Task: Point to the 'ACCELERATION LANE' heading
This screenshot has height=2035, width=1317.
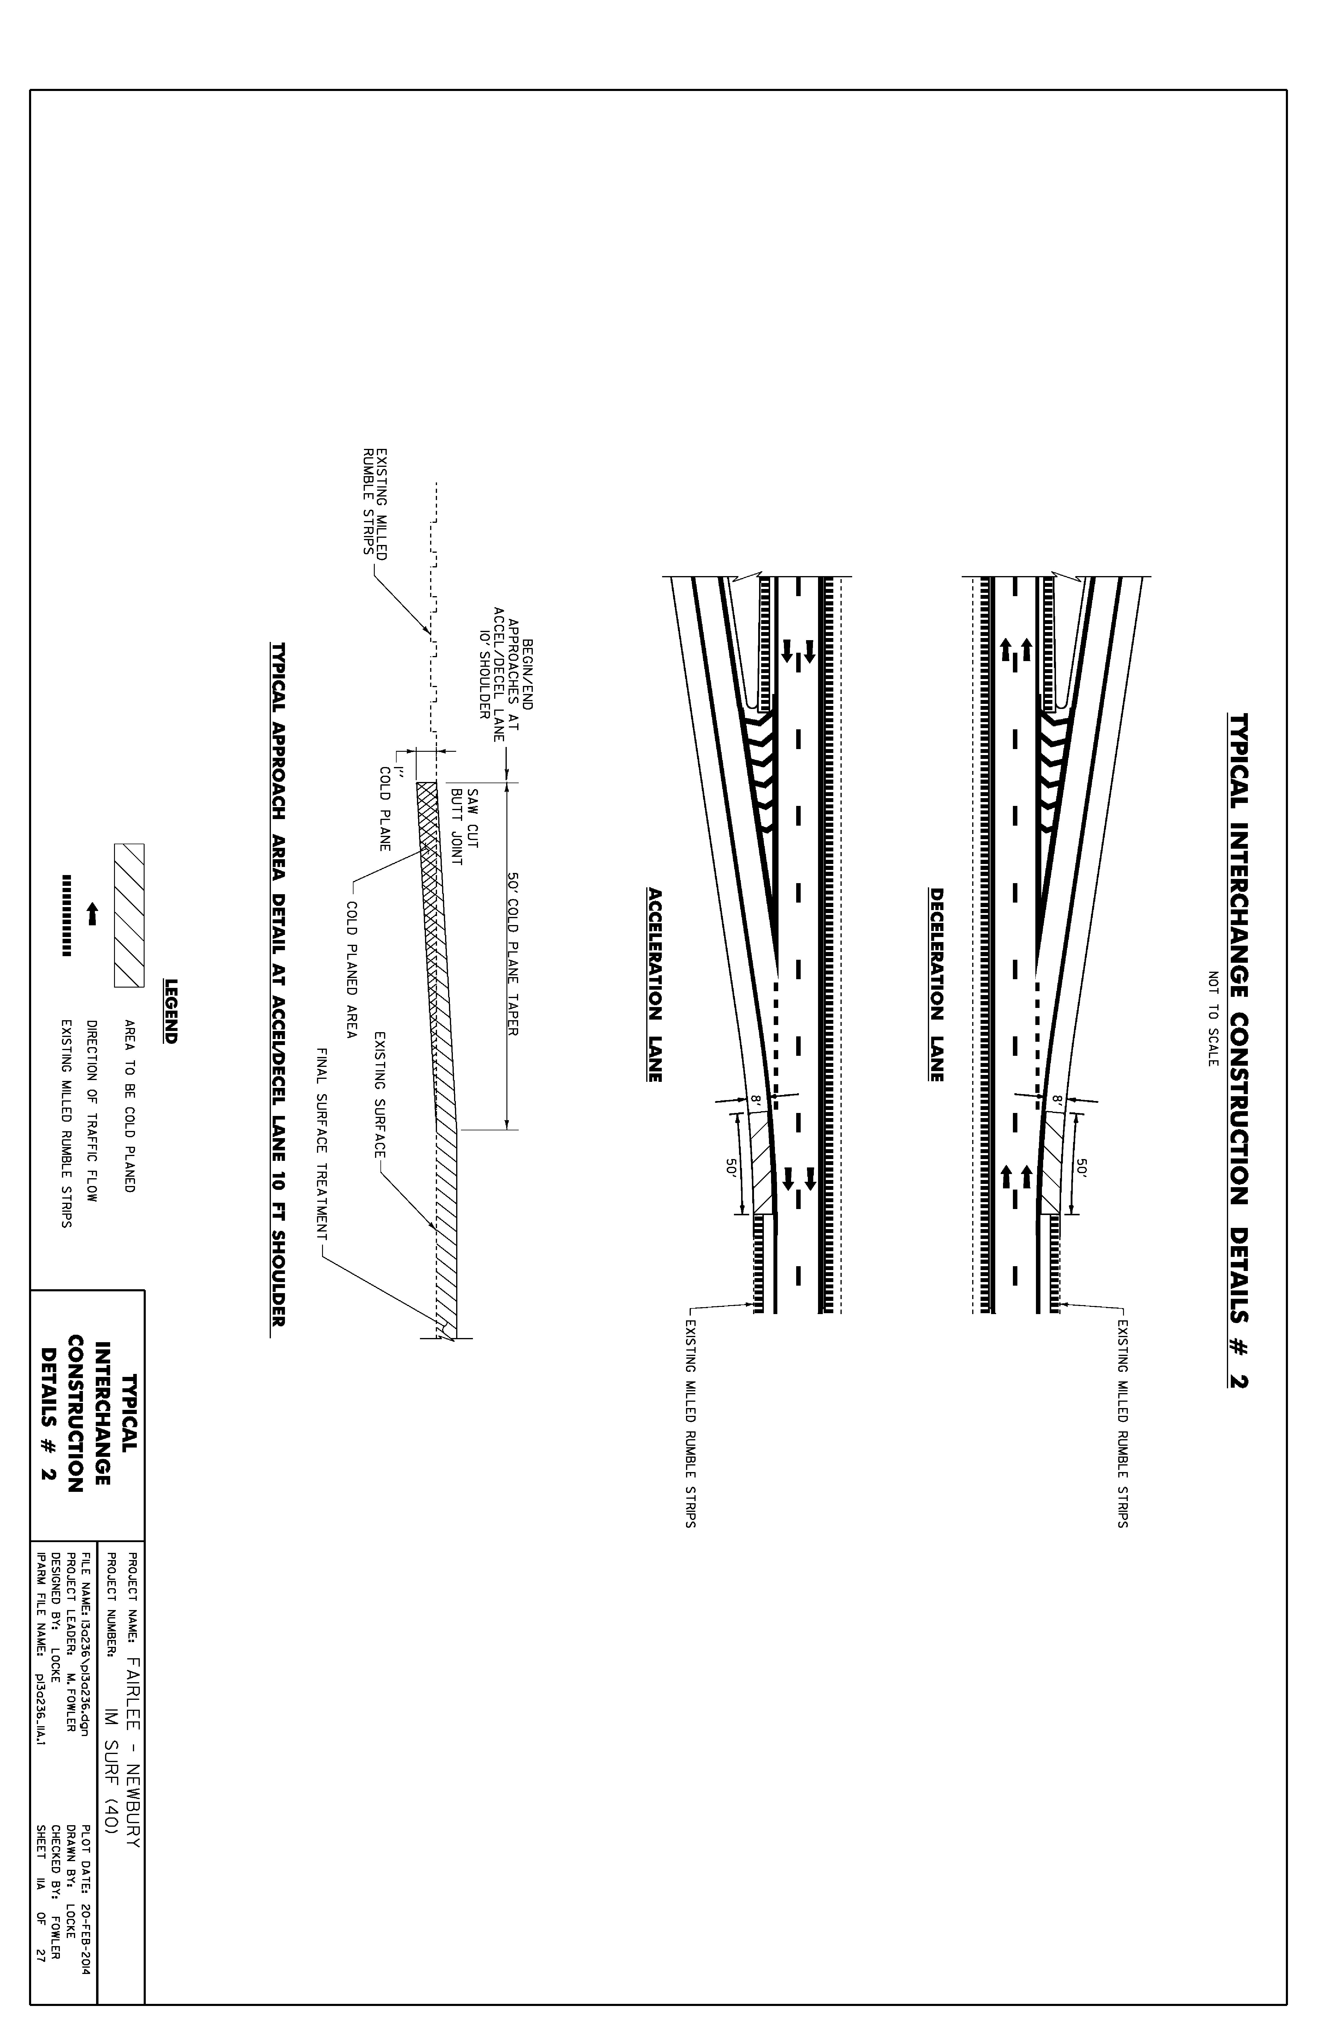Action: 656,985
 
